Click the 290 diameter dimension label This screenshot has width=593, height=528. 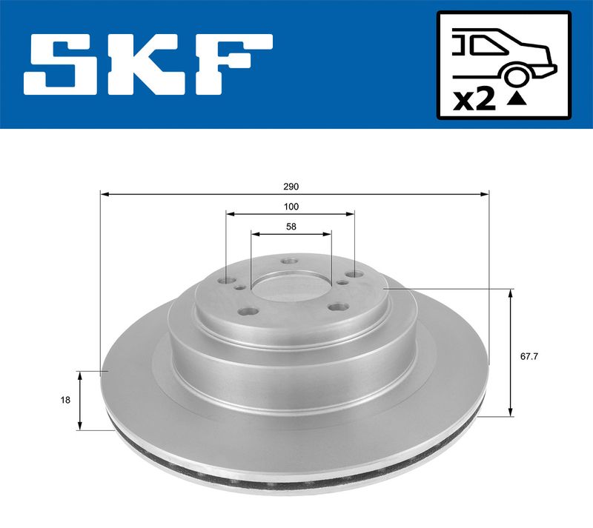pos(295,186)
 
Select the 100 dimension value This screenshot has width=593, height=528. pos(291,207)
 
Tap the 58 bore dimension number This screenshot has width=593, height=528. pos(291,227)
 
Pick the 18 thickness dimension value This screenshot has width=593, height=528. pos(65,400)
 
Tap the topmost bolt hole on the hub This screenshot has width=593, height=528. pos(289,260)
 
